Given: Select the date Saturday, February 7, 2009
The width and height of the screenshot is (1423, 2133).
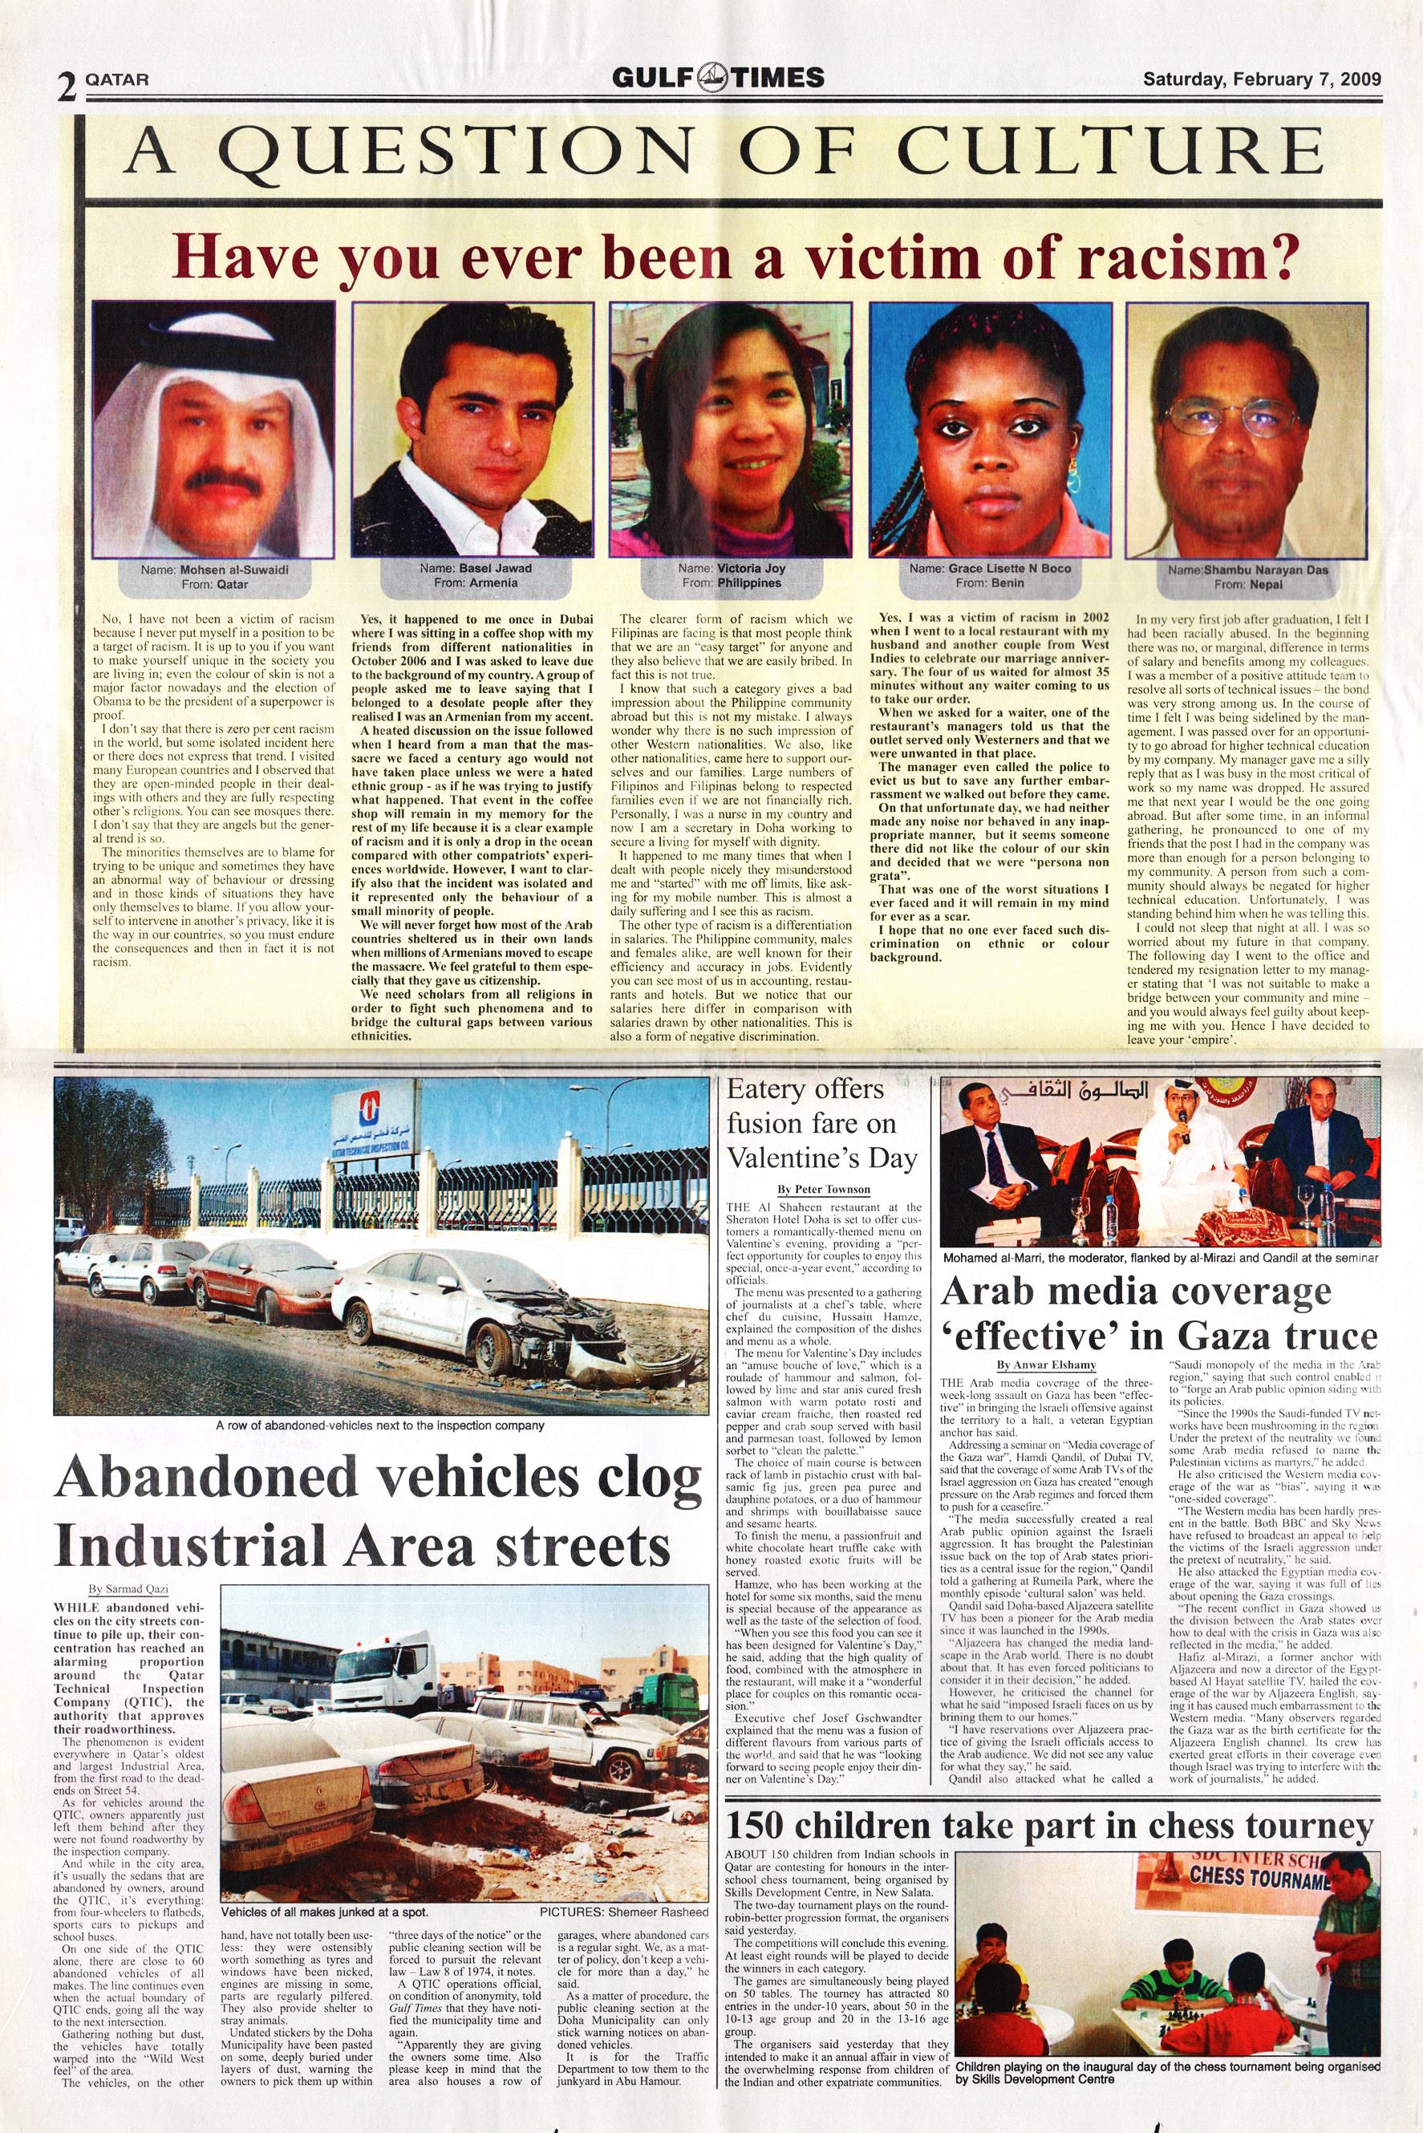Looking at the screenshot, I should [1262, 78].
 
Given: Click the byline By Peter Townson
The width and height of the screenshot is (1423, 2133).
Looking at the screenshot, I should [823, 1189].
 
